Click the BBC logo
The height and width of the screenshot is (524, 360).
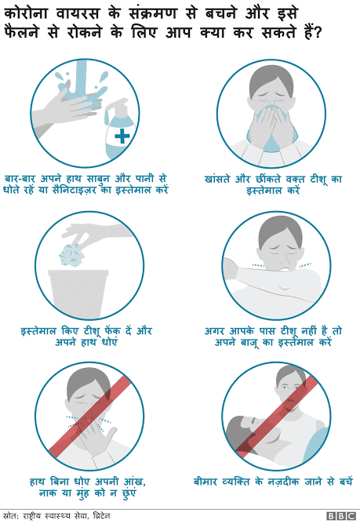click(341, 516)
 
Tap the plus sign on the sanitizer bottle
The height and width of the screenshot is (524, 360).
click(122, 136)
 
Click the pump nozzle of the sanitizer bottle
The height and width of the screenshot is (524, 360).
click(117, 104)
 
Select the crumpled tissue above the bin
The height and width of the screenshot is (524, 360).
click(71, 255)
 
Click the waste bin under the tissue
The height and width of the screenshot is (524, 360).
click(78, 293)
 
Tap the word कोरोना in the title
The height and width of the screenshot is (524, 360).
click(26, 14)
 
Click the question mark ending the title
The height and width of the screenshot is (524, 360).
click(317, 34)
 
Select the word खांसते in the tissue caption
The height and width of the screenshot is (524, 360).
click(217, 179)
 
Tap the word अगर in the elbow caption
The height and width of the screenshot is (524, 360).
click(214, 331)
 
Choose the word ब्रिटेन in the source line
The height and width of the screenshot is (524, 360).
click(102, 515)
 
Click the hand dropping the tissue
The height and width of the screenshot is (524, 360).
click(97, 232)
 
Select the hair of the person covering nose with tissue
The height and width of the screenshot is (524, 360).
click(271, 79)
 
